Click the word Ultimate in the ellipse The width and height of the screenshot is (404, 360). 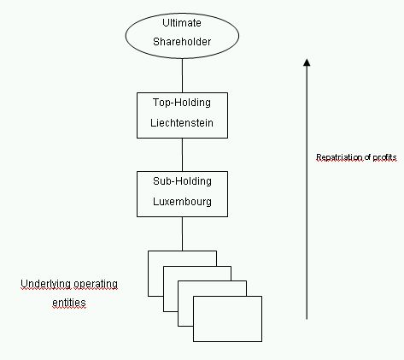pyautogui.click(x=182, y=23)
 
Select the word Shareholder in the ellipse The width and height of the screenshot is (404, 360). pyautogui.click(x=182, y=42)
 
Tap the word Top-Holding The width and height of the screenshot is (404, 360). pyautogui.click(x=182, y=103)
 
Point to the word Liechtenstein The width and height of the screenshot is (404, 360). pyautogui.click(x=182, y=123)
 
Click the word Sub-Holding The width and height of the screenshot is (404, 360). pyautogui.click(x=182, y=181)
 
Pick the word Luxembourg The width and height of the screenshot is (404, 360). pyautogui.click(x=182, y=202)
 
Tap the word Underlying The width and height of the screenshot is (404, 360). pyautogui.click(x=46, y=284)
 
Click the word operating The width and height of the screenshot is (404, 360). pyautogui.click(x=96, y=284)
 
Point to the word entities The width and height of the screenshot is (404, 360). pyautogui.click(x=69, y=303)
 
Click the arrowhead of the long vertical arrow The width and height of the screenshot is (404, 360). pyautogui.click(x=307, y=62)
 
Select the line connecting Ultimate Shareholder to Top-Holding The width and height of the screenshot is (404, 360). pyautogui.click(x=182, y=75)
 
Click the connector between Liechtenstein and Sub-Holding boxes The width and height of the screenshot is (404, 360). pyautogui.click(x=182, y=155)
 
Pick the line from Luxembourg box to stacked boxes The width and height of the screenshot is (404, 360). pyautogui.click(x=182, y=233)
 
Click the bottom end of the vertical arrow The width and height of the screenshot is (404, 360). pyautogui.click(x=307, y=319)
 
